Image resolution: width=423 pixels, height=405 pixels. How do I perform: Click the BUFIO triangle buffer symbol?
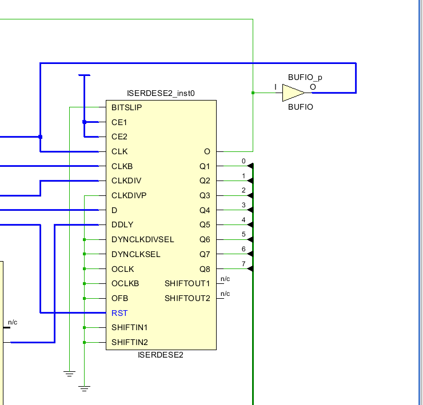point(293,92)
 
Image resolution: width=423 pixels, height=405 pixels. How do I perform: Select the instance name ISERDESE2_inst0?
point(161,93)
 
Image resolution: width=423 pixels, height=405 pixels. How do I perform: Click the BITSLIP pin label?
point(127,107)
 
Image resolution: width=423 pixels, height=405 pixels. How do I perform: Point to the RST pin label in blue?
point(119,313)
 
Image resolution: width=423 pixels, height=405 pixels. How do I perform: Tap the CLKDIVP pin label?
point(129,195)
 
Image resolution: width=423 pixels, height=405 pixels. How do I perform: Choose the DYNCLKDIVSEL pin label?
point(143,239)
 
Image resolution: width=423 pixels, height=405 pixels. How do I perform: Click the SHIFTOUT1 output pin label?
point(187,283)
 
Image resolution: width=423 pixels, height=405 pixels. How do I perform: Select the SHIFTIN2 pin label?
point(130,342)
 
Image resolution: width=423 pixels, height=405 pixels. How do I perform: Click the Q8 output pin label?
point(205,269)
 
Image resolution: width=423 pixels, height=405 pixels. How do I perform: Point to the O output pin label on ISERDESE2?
point(207,151)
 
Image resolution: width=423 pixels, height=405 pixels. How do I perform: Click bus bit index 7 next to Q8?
point(244,264)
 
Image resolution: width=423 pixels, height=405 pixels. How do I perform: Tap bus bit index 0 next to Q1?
point(244,161)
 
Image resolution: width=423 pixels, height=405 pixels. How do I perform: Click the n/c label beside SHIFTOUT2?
point(225,294)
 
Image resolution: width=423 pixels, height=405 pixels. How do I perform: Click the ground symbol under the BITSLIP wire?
point(69,374)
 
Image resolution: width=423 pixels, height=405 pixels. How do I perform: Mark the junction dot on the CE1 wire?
point(84,122)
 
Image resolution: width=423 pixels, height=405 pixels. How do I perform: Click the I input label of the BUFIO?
point(276,87)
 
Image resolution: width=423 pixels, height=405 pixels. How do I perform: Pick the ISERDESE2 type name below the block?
point(161,355)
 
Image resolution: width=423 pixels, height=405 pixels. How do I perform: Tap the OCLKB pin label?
point(125,283)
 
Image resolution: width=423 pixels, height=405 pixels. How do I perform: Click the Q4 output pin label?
point(205,210)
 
